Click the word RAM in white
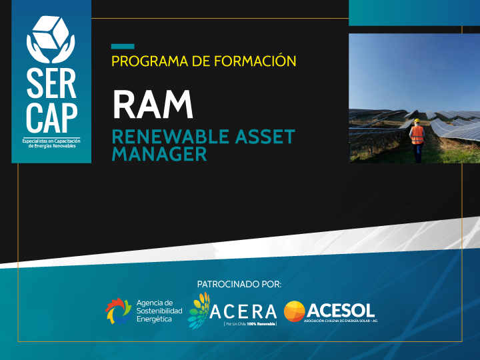(153, 105)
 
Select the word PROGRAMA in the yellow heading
(150, 61)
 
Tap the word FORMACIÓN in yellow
(255, 61)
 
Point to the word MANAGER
(159, 154)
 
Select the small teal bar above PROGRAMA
(123, 47)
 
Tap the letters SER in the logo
(51, 83)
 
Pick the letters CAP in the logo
(51, 118)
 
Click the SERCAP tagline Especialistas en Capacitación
(51, 141)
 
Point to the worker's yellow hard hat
(417, 121)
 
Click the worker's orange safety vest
(417, 135)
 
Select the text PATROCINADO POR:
(239, 285)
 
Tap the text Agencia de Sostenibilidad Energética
(159, 311)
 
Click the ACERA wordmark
(243, 311)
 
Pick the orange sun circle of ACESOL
(295, 311)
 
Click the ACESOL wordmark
(341, 311)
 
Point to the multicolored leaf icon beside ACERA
(199, 311)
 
